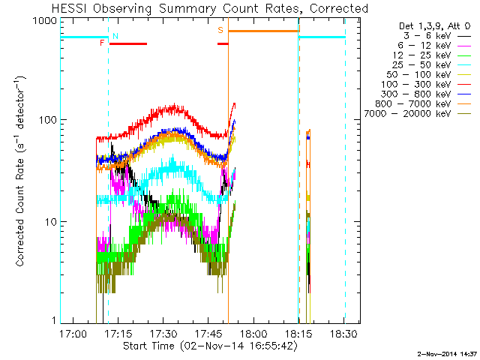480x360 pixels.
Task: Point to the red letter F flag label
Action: coord(102,43)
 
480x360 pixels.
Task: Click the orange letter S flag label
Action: coord(220,30)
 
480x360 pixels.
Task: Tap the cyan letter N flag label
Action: coord(115,35)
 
